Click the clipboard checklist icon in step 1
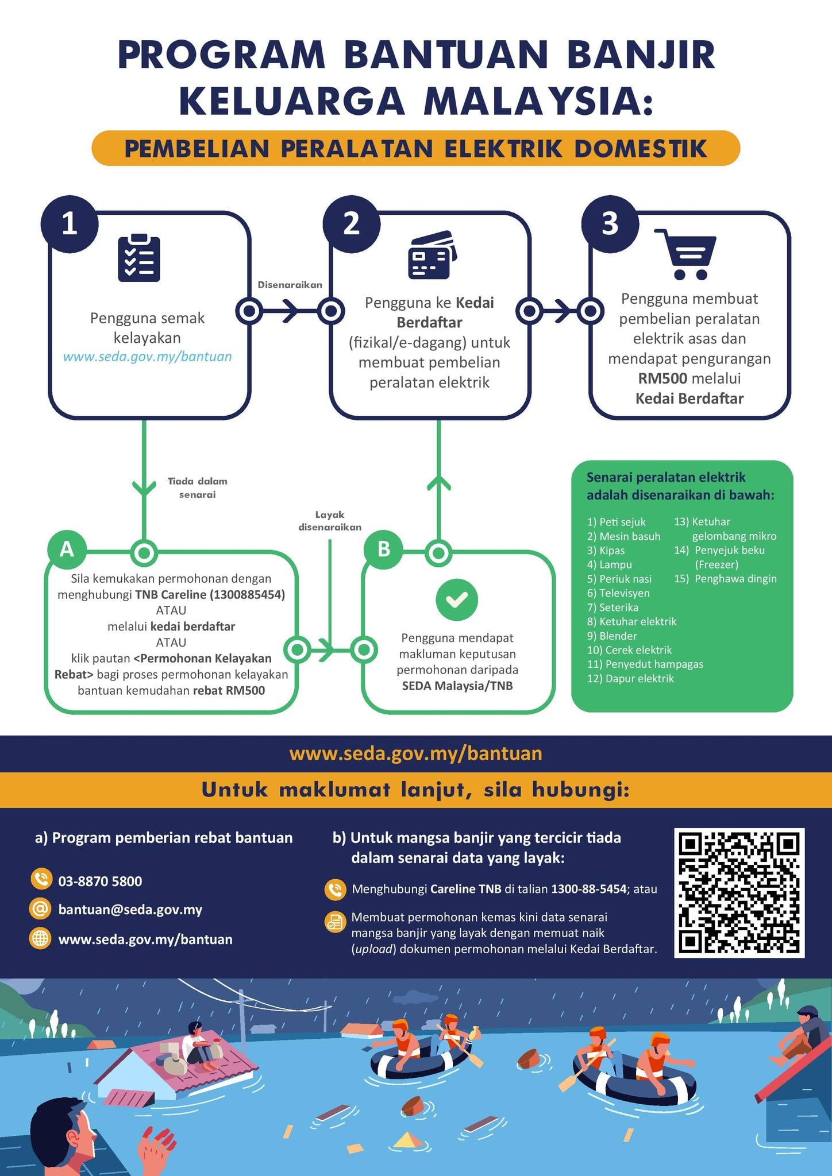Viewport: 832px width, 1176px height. (x=138, y=258)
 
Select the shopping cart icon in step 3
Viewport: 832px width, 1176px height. (x=686, y=254)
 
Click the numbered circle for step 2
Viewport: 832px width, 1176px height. (x=351, y=224)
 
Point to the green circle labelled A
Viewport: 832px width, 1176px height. (x=67, y=550)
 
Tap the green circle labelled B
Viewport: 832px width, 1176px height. (x=383, y=550)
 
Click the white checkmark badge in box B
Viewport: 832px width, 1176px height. (x=457, y=599)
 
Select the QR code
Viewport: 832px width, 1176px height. (x=739, y=892)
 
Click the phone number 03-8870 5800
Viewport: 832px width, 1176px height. (x=100, y=881)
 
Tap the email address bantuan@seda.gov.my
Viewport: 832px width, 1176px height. (x=130, y=910)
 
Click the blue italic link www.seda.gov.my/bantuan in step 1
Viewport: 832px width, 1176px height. (x=147, y=357)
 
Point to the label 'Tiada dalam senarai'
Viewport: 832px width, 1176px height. (x=197, y=488)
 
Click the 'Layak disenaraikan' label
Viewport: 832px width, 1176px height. (x=330, y=521)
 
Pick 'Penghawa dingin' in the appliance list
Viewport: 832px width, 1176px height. (x=725, y=579)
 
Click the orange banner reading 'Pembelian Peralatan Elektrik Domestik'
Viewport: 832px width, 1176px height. (x=416, y=148)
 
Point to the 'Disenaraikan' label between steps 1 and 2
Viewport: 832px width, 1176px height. (x=290, y=285)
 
